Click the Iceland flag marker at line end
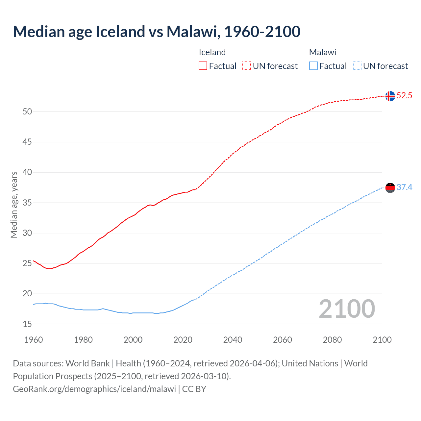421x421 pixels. point(390,96)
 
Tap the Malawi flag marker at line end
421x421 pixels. point(390,188)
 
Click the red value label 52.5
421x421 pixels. point(404,96)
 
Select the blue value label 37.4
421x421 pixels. point(404,187)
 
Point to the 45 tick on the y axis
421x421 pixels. point(27,142)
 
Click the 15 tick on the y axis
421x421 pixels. point(27,324)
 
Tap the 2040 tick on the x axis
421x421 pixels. point(233,340)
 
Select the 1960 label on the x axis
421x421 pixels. point(34,340)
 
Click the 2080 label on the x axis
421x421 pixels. point(332,340)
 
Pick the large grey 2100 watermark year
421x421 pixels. point(347,309)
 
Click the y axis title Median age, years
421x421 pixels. point(14,205)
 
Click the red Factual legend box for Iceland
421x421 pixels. point(203,66)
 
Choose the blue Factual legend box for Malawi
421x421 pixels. point(313,66)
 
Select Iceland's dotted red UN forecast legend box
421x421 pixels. point(247,66)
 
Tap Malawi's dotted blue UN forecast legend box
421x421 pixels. point(357,66)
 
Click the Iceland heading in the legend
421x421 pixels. point(212,52)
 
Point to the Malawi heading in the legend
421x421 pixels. point(322,52)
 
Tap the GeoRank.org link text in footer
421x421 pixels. point(94,389)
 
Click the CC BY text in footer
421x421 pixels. point(194,389)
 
